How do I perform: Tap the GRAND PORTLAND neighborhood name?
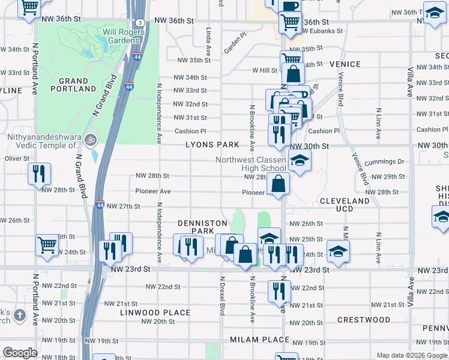(73, 85)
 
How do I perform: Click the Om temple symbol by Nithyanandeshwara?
(91, 139)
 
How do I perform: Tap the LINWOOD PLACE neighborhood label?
(155, 313)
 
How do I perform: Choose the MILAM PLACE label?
(260, 340)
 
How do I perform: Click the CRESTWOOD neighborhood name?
(364, 320)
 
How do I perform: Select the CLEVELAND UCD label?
(345, 205)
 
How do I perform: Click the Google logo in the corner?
(20, 353)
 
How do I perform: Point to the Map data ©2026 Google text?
(411, 355)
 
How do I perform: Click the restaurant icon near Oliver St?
(39, 174)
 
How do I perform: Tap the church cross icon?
(19, 315)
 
